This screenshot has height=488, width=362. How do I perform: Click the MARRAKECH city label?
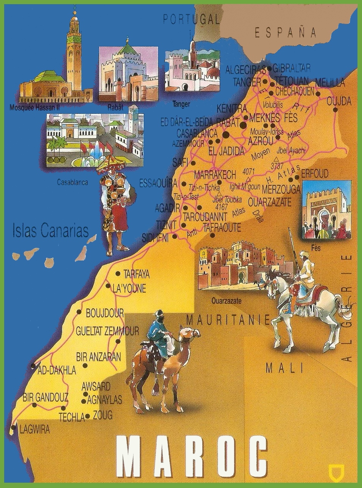[x=214, y=175]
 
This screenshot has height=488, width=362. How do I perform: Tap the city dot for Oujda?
[x=335, y=110]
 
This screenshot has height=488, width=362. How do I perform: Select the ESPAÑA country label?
[x=286, y=33]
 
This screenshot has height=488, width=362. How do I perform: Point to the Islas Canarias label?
[x=50, y=231]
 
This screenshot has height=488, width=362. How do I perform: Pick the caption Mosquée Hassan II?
[x=34, y=108]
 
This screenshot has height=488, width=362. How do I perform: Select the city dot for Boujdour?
[x=79, y=312]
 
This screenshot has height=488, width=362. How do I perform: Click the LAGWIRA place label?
[x=34, y=429]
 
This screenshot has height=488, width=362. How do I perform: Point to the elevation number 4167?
[x=221, y=207]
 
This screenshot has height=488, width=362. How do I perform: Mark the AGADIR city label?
[x=167, y=208]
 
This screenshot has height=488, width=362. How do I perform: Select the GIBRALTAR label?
[x=291, y=68]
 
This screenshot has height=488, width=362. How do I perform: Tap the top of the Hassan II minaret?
[x=75, y=13]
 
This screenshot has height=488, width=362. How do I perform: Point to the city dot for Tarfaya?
[x=118, y=274]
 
